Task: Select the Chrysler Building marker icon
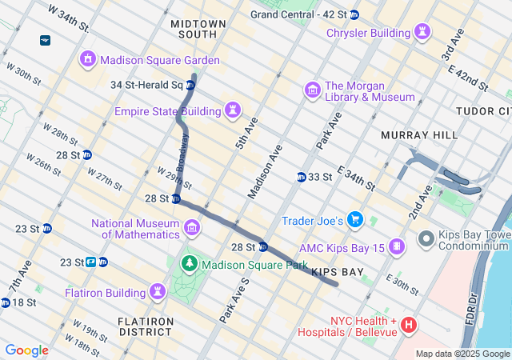click(422, 33)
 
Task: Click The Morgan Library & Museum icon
click(312, 88)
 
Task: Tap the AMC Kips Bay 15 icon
click(396, 247)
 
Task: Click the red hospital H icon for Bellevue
click(408, 325)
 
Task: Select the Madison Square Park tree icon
click(190, 263)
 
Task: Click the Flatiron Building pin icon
click(158, 292)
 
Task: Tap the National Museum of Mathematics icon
click(192, 229)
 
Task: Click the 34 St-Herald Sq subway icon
click(190, 85)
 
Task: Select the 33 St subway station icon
click(302, 177)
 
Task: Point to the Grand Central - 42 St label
click(298, 14)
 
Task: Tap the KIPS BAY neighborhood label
click(337, 272)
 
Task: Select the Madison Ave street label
click(265, 171)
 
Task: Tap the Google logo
click(26, 350)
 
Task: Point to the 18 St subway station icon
click(6, 302)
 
